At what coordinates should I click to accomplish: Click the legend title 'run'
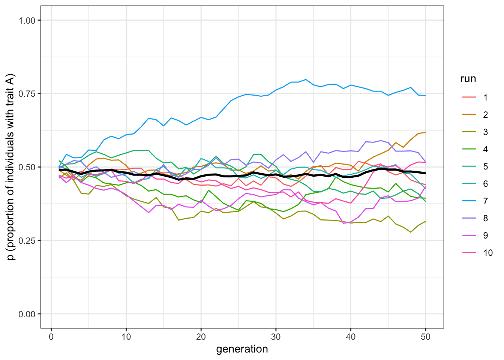coord(468,79)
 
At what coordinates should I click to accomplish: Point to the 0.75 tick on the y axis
coord(30,94)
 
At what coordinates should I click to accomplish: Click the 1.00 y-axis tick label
coord(30,20)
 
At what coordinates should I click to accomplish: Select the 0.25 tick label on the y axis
coord(30,240)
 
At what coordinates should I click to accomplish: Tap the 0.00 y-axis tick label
coord(30,314)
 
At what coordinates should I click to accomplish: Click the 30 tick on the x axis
coord(276,337)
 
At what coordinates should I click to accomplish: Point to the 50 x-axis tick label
coord(426,337)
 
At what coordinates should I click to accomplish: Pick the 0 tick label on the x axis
coord(51,337)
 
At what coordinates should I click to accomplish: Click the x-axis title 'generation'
coord(242,349)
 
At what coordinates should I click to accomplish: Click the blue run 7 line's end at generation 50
coord(426,96)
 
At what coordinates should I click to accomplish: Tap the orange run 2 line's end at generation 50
coord(426,132)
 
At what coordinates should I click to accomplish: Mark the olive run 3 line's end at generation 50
coord(426,221)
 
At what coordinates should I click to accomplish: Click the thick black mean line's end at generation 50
coord(426,173)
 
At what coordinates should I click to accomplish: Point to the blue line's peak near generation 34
coord(306,79)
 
